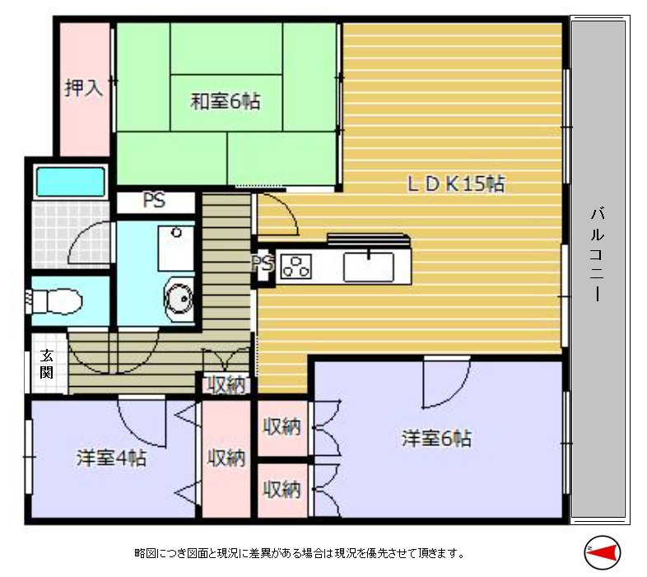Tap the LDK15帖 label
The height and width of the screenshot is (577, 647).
pos(455,184)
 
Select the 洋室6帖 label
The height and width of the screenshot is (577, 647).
pos(436,438)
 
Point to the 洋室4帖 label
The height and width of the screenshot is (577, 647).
pos(111,458)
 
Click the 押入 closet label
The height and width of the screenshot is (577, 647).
pos(84,88)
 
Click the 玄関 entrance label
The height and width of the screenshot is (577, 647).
pos(47,364)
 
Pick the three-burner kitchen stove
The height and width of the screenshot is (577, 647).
pos(296,266)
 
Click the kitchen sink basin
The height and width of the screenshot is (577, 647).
pos(368,265)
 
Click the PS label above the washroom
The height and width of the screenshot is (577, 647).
pos(154,201)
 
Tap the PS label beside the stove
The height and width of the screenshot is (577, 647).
pos(262,263)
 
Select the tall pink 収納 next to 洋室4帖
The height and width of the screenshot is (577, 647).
pos(226,458)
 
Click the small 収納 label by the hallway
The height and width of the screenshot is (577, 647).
pos(225,384)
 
